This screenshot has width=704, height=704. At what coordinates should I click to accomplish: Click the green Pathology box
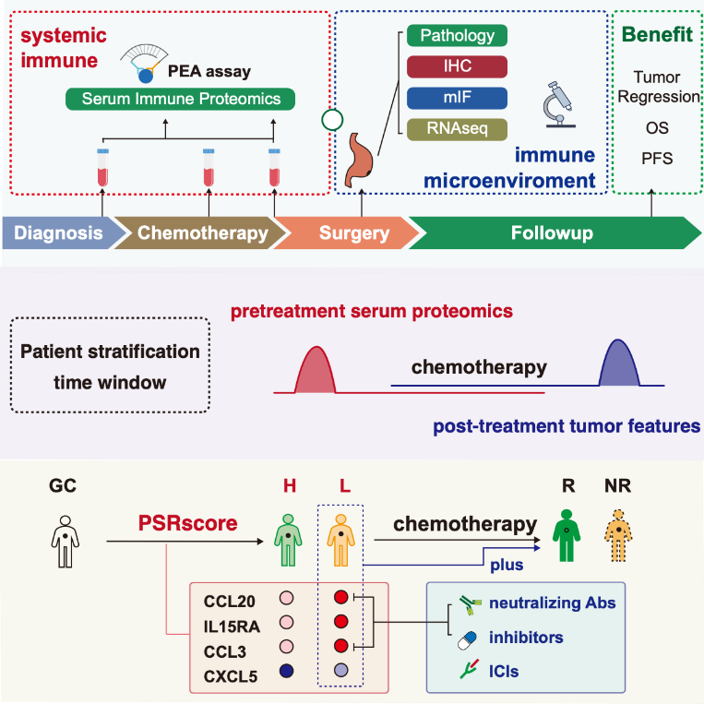click(458, 37)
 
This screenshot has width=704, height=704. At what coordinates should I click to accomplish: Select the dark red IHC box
click(458, 67)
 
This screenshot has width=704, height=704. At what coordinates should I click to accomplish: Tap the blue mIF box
click(458, 98)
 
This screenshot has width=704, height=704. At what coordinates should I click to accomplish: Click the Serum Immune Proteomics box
click(180, 99)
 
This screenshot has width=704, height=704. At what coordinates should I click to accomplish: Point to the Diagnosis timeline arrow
click(56, 233)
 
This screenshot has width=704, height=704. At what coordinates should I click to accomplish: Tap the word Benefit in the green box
click(658, 34)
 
